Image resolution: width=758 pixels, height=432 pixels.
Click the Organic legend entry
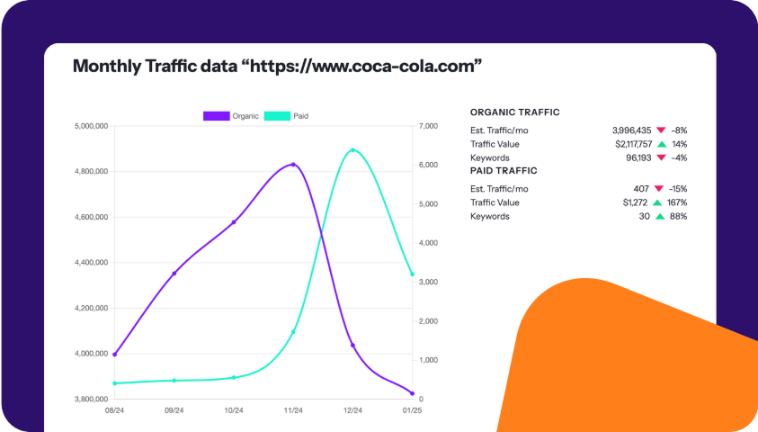click(231, 116)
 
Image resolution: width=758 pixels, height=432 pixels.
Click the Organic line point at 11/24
click(293, 165)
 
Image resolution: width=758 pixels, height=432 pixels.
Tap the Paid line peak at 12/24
click(352, 150)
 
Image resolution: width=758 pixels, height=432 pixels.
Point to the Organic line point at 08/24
click(115, 355)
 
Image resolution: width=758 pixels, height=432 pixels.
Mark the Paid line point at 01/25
click(412, 274)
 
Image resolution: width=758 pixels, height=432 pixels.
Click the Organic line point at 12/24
click(352, 345)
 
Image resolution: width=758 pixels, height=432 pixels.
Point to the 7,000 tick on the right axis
click(428, 126)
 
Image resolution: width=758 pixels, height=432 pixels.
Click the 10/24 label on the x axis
click(234, 410)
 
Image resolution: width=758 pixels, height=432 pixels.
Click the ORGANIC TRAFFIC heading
click(515, 112)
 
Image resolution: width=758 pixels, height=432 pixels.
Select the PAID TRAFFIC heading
click(504, 170)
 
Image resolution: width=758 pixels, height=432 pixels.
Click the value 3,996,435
click(632, 130)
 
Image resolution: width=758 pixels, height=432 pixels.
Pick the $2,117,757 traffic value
click(633, 144)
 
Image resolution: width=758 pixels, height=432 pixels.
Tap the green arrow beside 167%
click(661, 202)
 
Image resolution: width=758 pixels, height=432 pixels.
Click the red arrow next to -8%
click(661, 130)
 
